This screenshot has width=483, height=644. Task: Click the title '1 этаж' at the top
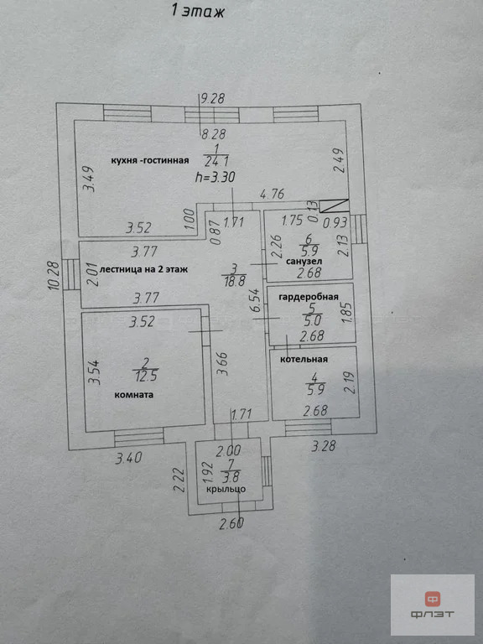click(199, 11)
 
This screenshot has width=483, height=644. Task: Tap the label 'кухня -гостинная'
click(150, 161)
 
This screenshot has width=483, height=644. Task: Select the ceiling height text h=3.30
click(216, 178)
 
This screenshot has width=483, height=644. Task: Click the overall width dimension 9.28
click(212, 99)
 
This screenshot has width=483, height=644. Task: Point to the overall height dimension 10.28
click(54, 277)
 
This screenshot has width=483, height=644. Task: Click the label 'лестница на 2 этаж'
click(143, 269)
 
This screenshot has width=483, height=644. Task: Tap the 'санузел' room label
click(304, 262)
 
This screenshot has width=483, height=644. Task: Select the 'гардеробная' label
click(309, 297)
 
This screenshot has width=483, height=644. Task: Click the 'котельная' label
click(304, 360)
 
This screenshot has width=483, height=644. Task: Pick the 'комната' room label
click(134, 395)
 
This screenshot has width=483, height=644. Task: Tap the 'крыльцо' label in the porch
click(226, 489)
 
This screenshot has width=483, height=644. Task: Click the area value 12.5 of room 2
click(145, 376)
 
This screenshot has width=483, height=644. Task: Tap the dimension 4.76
click(272, 194)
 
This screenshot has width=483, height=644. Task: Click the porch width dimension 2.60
click(231, 523)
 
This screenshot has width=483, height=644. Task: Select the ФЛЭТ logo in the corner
click(432, 604)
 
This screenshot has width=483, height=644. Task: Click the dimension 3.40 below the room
click(128, 458)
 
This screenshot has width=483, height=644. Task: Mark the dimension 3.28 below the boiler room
click(323, 446)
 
